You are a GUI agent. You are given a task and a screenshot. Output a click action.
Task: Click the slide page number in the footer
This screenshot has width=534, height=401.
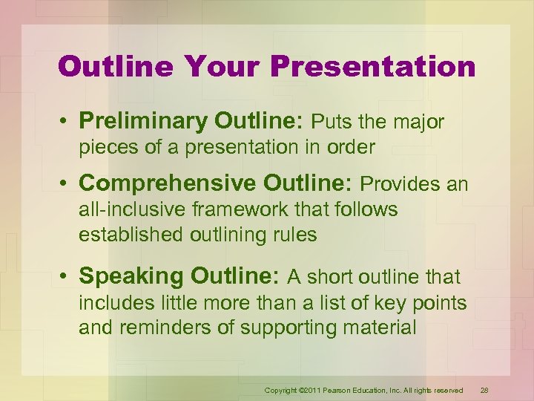click(x=484, y=391)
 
